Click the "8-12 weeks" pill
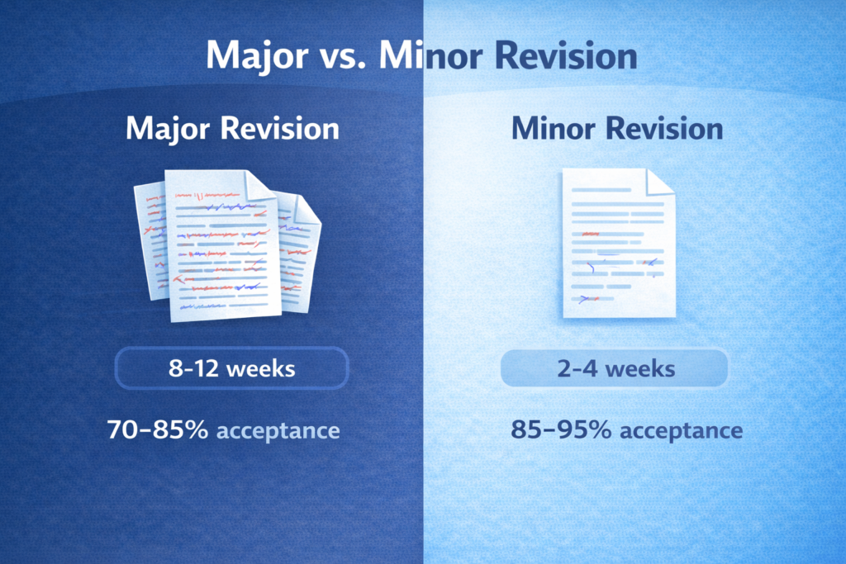[x=231, y=368]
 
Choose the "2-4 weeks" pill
[x=615, y=368]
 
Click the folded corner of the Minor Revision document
[x=660, y=182]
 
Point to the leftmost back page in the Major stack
[x=149, y=239]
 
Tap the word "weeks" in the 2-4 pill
[x=641, y=368]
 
